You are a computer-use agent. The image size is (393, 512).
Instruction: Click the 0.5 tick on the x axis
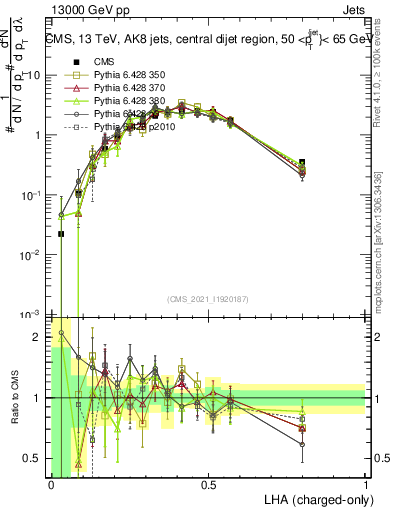tap(208, 484)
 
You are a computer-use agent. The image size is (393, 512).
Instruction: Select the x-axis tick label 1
tap(366, 484)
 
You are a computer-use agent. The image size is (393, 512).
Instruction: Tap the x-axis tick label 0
tap(51, 484)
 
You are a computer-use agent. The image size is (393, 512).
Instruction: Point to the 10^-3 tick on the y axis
tap(34, 315)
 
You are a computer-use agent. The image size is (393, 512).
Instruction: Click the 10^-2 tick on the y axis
tap(34, 255)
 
